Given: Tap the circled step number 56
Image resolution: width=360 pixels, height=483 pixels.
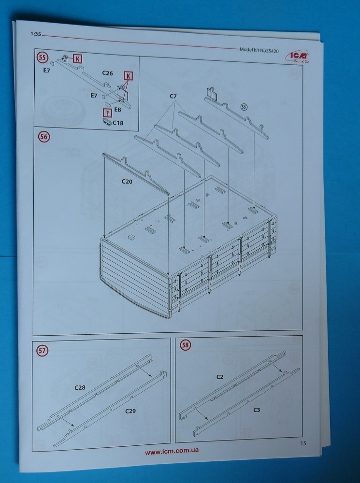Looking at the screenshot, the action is click(x=43, y=137).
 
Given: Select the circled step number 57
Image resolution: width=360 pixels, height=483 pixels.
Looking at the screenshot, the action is click(x=42, y=351).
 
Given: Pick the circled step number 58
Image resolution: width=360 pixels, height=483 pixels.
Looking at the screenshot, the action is click(x=185, y=345).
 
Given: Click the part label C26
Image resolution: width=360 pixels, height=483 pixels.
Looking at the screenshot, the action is click(x=107, y=73).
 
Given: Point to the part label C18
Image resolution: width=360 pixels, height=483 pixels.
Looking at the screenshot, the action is click(x=118, y=124).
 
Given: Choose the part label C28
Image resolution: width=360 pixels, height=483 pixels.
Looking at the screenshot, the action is click(x=80, y=387).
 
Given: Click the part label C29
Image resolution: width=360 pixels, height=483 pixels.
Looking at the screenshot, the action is click(x=130, y=411).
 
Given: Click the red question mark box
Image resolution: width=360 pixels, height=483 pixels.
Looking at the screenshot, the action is click(x=106, y=113).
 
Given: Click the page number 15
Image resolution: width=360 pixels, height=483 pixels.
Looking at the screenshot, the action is click(x=303, y=443).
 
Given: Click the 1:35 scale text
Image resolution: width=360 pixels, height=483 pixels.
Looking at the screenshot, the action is click(x=35, y=35).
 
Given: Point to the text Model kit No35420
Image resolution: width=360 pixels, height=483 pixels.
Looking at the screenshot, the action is click(x=261, y=49).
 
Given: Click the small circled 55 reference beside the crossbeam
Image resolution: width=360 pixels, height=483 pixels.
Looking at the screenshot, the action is click(x=244, y=106).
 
